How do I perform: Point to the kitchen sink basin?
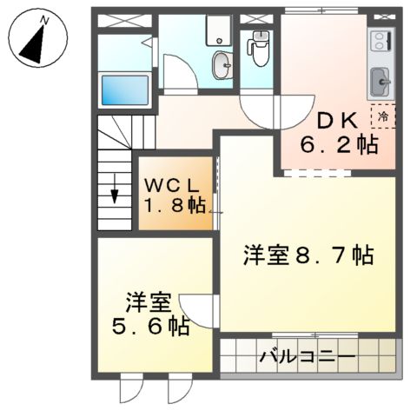381,83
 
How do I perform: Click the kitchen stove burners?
381,41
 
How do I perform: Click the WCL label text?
173,185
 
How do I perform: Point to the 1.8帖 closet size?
175,206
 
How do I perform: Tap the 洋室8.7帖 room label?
308,255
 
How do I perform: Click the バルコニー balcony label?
308,356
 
